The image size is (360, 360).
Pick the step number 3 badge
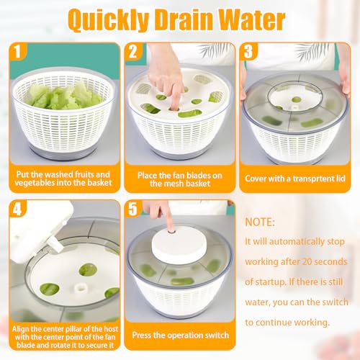(x=249, y=53)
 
